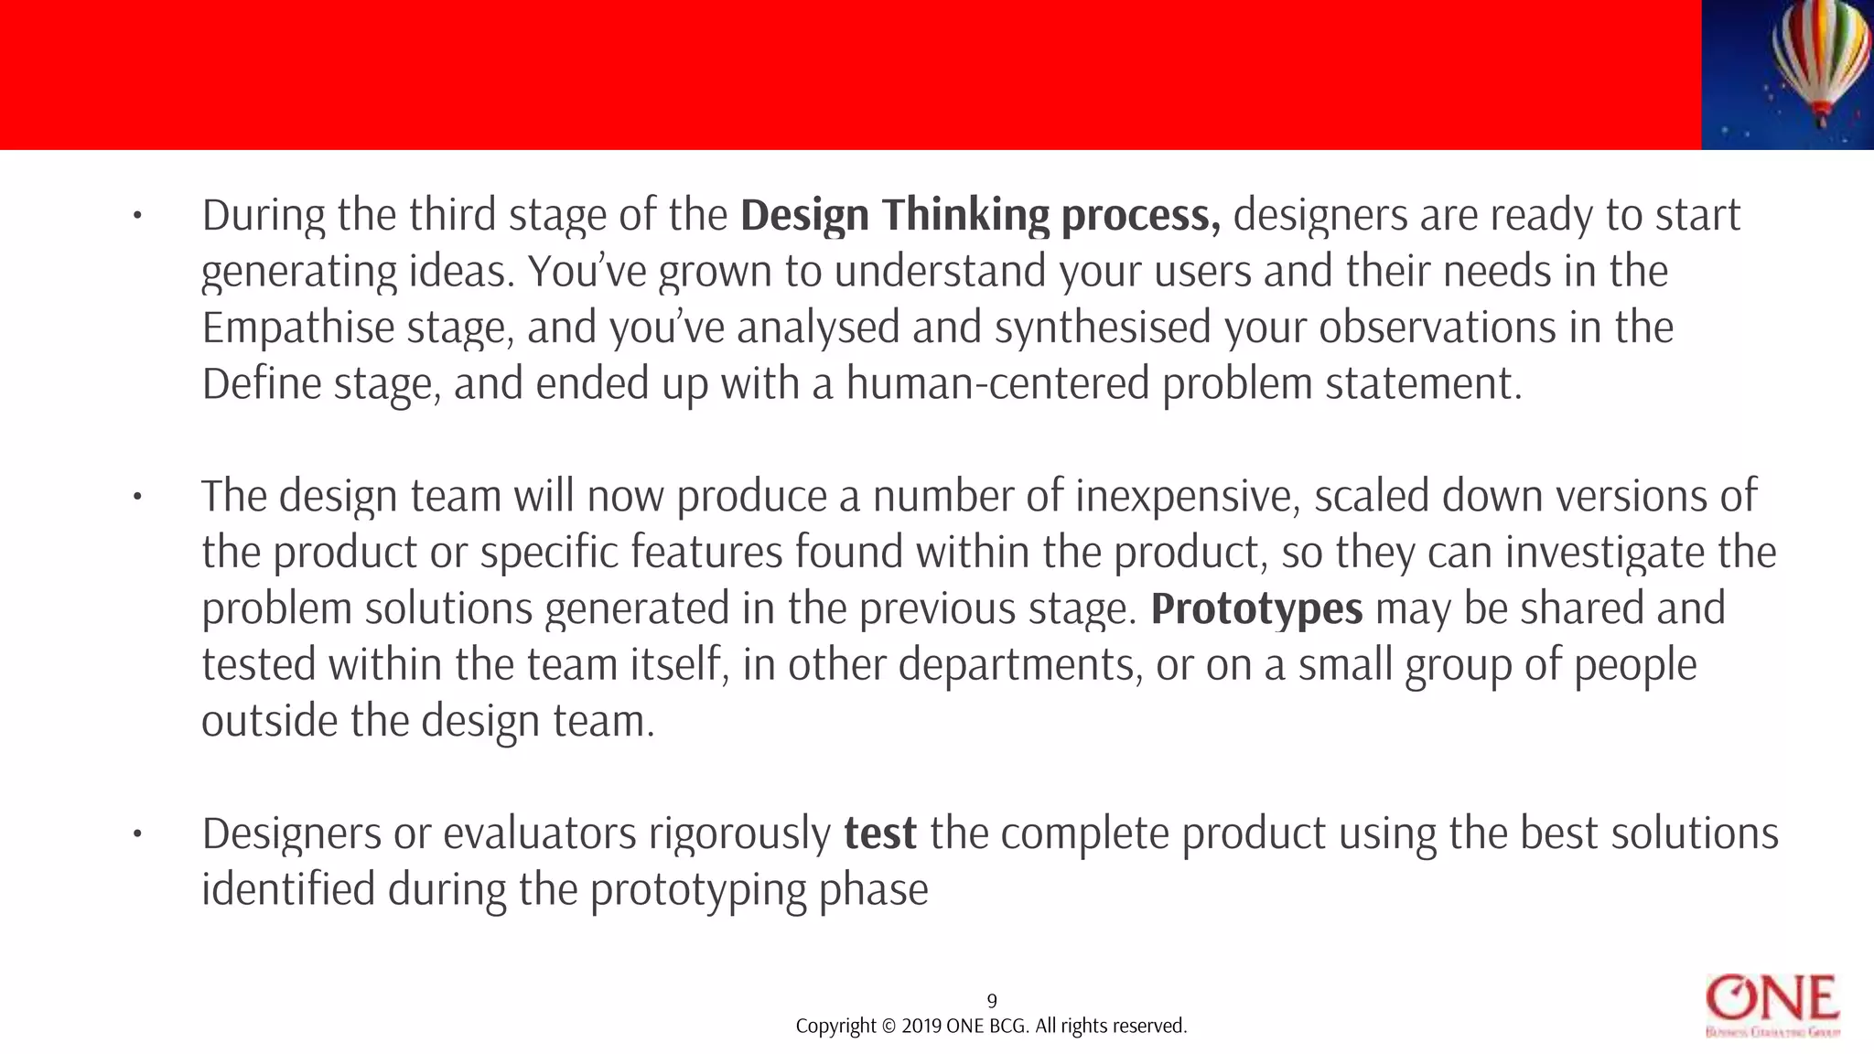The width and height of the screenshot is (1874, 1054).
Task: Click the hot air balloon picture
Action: pyautogui.click(x=1787, y=74)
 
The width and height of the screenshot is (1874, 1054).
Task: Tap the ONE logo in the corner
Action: pyautogui.click(x=1772, y=1006)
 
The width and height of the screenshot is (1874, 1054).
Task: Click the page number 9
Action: pyautogui.click(x=992, y=1001)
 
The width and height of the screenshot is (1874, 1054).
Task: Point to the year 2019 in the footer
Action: pyautogui.click(x=921, y=1027)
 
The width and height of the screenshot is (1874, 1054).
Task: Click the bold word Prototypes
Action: pyautogui.click(x=1256, y=609)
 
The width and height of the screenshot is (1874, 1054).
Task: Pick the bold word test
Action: pyautogui.click(x=879, y=834)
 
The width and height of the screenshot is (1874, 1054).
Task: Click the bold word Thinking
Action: pyautogui.click(x=965, y=216)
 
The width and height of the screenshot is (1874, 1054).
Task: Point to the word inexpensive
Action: pyautogui.click(x=1188, y=497)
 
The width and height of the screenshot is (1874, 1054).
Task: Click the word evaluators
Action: pyautogui.click(x=540, y=834)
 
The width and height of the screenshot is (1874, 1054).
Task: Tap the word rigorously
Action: pyautogui.click(x=739, y=834)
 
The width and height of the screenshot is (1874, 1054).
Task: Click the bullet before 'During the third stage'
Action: pyautogui.click(x=137, y=217)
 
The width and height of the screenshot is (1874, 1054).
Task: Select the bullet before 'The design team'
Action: pyautogui.click(x=137, y=498)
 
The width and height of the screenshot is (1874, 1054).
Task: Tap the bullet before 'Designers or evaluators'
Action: pyautogui.click(x=137, y=834)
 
